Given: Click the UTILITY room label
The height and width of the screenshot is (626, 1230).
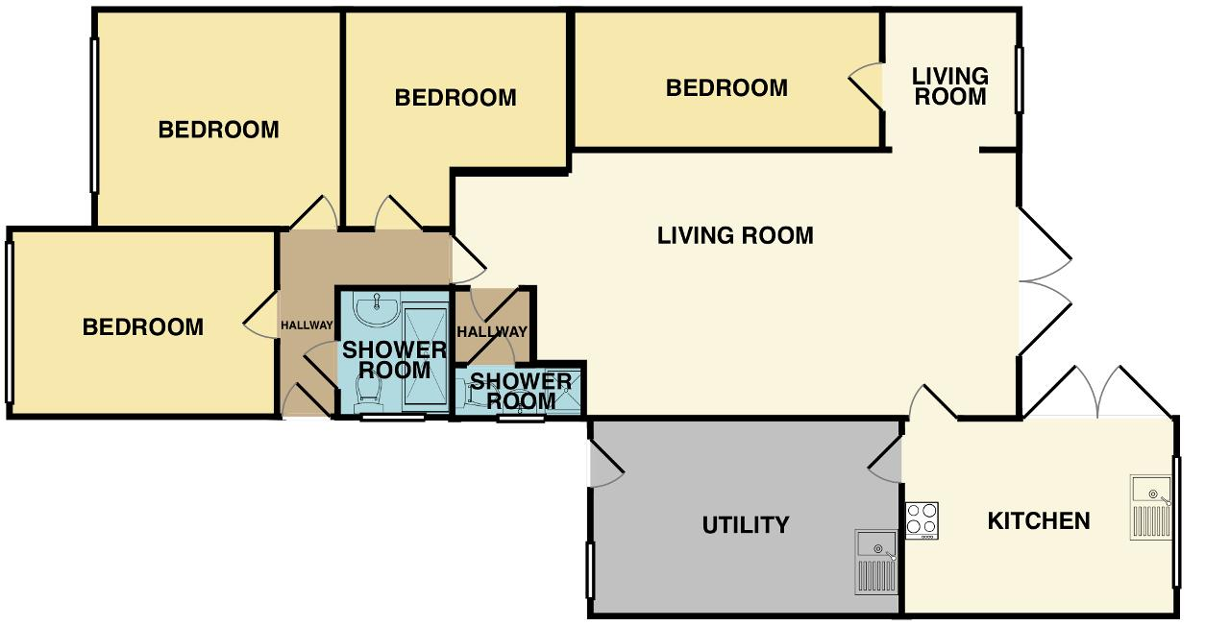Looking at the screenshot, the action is click(745, 525).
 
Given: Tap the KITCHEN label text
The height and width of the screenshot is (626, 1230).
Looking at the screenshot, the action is click(1039, 521).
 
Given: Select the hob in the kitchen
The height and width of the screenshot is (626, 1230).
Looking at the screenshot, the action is click(922, 520).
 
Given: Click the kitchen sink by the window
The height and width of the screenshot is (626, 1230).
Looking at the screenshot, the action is click(1151, 508).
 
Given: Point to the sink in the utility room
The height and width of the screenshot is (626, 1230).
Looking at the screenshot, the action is click(876, 563).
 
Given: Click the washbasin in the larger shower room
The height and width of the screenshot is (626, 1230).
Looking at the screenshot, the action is click(376, 309).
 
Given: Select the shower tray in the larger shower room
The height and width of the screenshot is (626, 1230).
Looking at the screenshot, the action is click(426, 359).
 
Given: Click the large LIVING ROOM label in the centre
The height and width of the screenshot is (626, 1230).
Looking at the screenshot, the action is click(735, 235).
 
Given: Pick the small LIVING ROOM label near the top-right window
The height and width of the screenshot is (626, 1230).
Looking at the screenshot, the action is click(950, 86).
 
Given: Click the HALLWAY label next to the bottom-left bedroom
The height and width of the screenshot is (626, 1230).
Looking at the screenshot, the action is click(307, 325).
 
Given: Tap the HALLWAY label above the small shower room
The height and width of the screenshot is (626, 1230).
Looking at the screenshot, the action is click(492, 332).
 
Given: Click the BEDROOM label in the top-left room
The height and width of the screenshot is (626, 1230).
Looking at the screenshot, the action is click(218, 130).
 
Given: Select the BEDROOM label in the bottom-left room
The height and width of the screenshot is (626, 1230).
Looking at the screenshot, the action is click(143, 327).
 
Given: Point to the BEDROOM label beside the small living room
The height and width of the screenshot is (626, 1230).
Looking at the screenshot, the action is click(726, 87).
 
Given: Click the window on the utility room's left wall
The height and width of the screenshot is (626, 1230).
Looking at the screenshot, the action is click(590, 570).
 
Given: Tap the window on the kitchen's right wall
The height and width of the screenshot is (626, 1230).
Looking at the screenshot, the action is click(1176, 521).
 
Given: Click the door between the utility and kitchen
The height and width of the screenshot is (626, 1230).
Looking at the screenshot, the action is click(885, 461).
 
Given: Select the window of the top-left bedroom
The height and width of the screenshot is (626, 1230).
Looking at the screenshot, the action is click(94, 115).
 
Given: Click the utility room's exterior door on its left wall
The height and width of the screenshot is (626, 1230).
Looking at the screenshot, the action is click(606, 464).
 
